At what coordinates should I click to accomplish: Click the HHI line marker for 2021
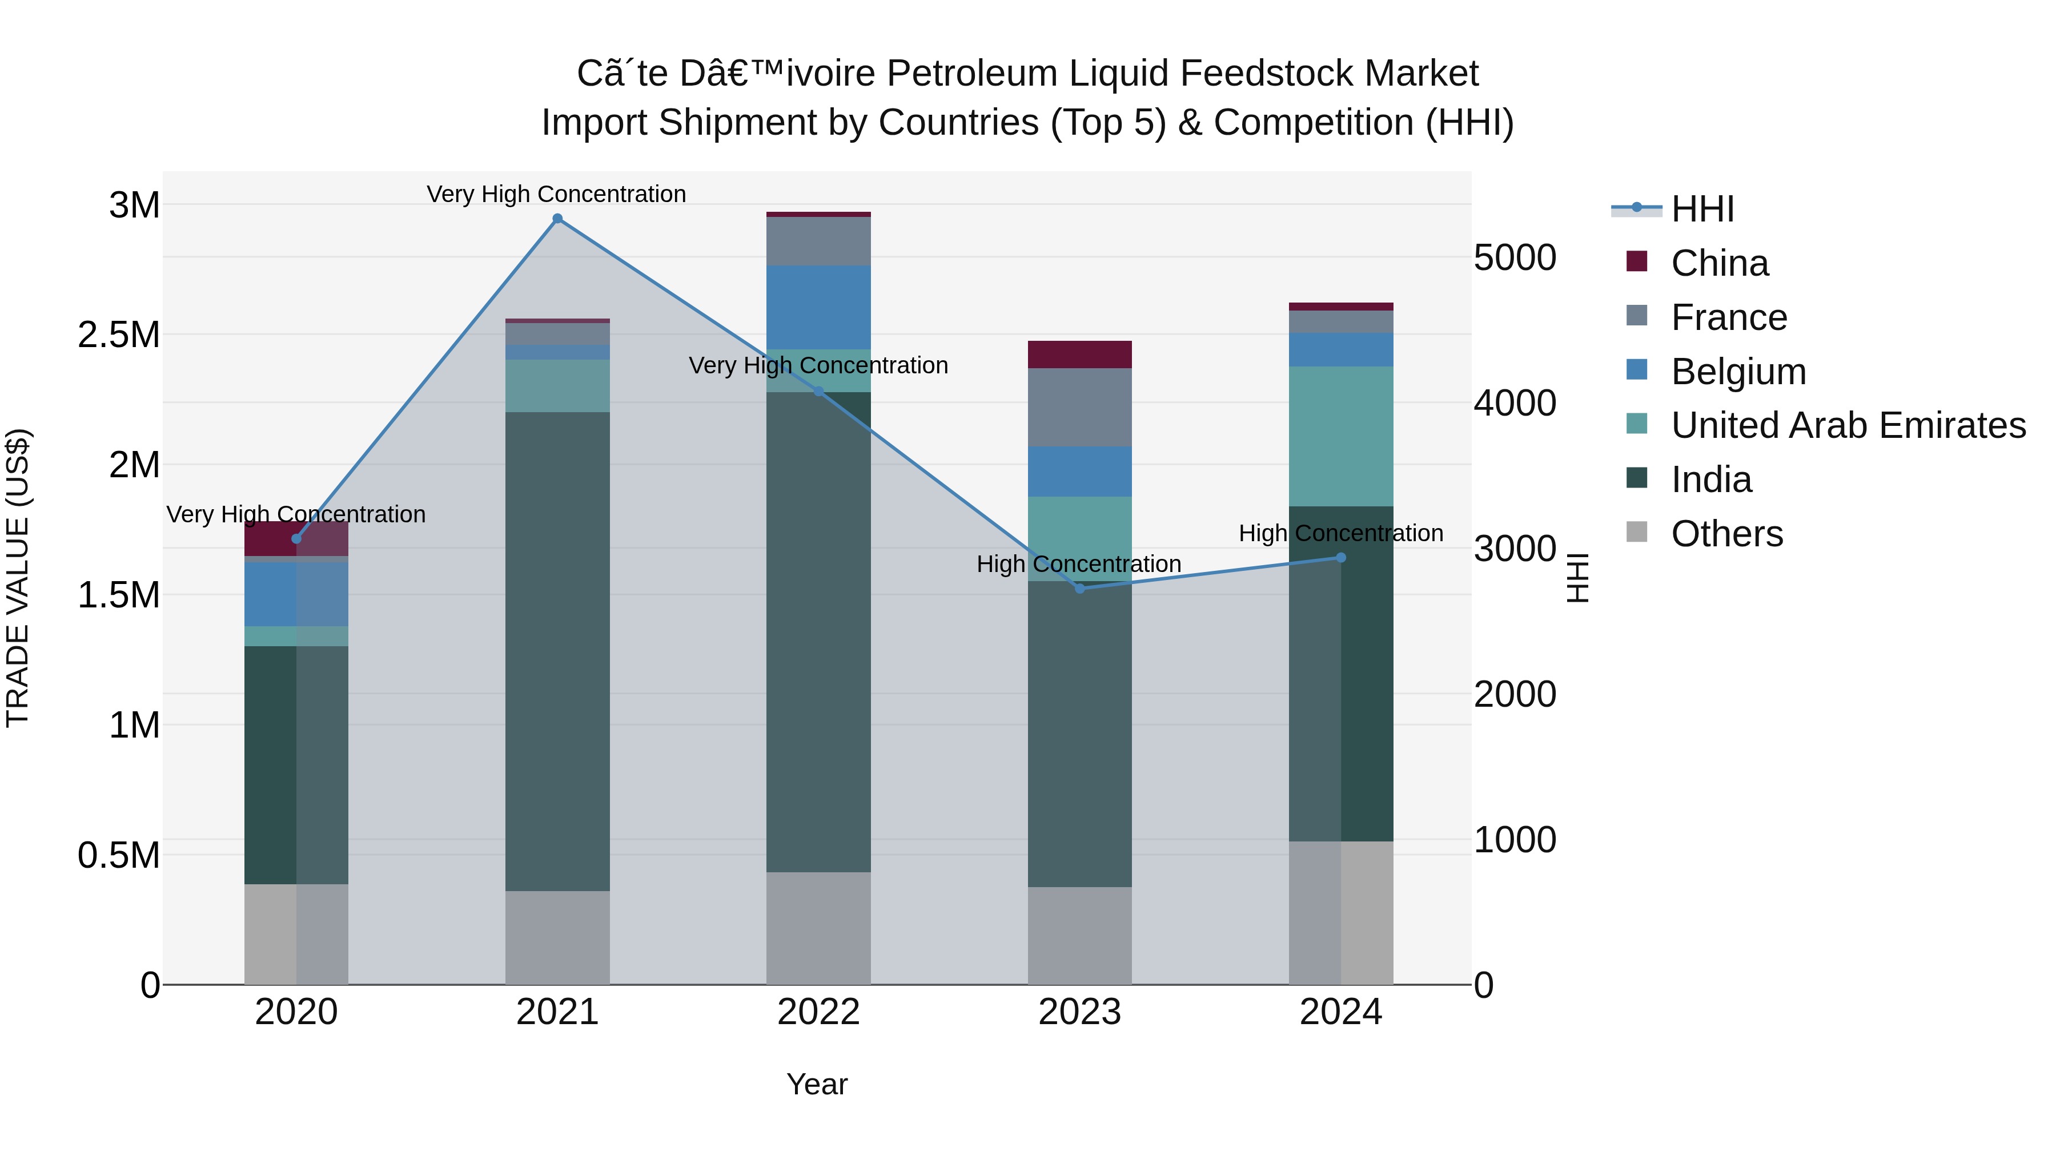(x=557, y=219)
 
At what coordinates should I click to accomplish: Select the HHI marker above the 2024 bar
(x=1341, y=558)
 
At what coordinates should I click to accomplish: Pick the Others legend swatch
(x=1636, y=532)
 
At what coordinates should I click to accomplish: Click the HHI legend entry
(x=1702, y=209)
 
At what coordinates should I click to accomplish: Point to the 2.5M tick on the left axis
(x=119, y=335)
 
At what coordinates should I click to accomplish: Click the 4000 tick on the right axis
(x=1514, y=403)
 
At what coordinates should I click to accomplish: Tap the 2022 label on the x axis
(x=818, y=1012)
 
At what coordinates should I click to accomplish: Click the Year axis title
(x=817, y=1084)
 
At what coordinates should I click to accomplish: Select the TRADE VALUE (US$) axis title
(x=18, y=578)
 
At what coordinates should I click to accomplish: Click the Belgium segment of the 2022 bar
(x=818, y=307)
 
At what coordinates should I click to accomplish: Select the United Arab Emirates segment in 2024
(x=1341, y=436)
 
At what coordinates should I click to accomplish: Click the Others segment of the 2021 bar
(x=557, y=937)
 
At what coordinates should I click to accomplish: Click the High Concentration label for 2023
(x=1078, y=564)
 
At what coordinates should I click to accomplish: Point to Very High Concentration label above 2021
(x=556, y=194)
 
